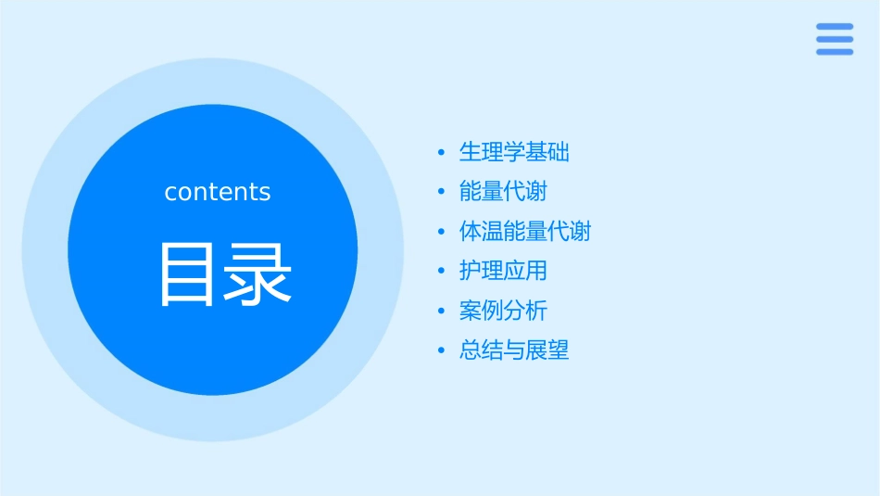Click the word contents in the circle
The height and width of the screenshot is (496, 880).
coord(218,192)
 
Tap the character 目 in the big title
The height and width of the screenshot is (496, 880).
coord(186,274)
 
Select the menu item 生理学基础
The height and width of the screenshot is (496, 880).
coord(514,152)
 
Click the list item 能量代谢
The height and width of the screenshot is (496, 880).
coord(503,192)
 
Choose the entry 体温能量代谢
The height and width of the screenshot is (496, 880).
coord(524,231)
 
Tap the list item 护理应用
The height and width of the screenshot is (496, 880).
coord(503,271)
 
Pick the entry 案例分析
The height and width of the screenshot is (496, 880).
coord(503,311)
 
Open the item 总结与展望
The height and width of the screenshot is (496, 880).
coord(514,350)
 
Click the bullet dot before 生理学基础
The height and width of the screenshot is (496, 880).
coord(441,152)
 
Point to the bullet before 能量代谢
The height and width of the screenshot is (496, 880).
coord(441,192)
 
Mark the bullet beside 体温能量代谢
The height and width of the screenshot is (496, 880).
coord(441,232)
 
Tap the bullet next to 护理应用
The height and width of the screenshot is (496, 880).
coord(441,272)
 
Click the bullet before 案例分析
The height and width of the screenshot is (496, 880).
coord(441,312)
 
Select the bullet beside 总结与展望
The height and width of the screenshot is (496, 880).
coord(441,351)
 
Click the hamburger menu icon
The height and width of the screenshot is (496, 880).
coord(835,39)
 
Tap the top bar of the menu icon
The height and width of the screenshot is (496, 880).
coord(835,26)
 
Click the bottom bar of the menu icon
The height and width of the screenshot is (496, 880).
coord(835,52)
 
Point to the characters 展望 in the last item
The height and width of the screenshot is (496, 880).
coord(547,350)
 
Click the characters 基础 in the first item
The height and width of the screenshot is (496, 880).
coord(547,152)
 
